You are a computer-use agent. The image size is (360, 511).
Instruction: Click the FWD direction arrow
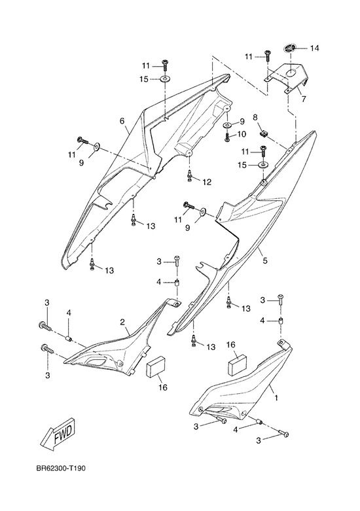pos(62,432)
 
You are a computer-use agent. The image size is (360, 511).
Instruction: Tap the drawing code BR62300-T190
pos(61,468)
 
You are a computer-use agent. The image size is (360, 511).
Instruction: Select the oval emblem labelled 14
pos(289,48)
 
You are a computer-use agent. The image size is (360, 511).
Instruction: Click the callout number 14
pos(314,48)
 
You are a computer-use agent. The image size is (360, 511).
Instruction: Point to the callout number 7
pos(304,98)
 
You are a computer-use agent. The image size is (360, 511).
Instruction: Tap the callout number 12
pos(207,181)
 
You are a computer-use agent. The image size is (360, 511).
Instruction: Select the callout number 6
pos(122,121)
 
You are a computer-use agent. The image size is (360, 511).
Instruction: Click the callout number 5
pos(265,260)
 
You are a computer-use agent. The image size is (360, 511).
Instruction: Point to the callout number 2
pos(122,323)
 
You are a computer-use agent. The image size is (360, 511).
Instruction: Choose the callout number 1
pos(276,398)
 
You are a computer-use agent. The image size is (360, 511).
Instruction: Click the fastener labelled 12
pos(189,175)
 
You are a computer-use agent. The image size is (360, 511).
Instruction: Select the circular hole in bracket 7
pos(291,73)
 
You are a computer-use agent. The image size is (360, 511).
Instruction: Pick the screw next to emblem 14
pos(268,56)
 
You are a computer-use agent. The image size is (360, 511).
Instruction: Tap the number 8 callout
pos(255,117)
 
